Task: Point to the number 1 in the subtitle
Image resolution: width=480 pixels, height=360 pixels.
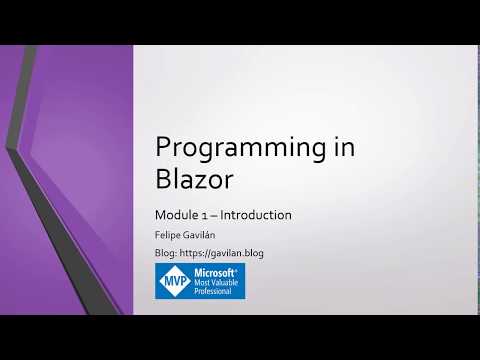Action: pyautogui.click(x=203, y=215)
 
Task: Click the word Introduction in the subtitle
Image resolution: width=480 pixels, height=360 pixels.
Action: pyautogui.click(x=256, y=215)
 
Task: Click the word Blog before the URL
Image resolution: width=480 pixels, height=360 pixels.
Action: pyautogui.click(x=165, y=254)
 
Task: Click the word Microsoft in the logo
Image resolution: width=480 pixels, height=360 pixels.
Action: pyautogui.click(x=214, y=273)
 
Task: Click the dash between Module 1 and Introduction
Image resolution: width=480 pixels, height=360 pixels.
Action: pyautogui.click(x=214, y=215)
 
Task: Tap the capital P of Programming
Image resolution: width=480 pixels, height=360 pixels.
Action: pyautogui.click(x=163, y=149)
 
